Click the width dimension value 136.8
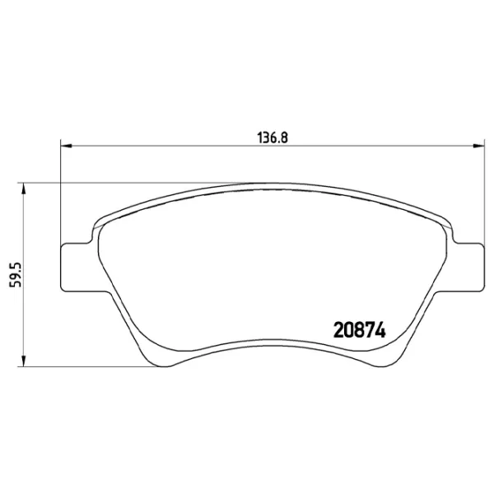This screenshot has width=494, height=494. point(272,137)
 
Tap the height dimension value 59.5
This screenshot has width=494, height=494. point(13,272)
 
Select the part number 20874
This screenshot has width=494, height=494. point(359,329)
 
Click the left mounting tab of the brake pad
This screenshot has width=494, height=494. point(80,268)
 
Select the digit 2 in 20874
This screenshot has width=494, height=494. point(338,329)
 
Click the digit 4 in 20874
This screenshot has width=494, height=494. point(380,329)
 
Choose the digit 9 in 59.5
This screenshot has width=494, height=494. point(13,277)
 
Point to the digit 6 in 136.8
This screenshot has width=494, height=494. point(273,137)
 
